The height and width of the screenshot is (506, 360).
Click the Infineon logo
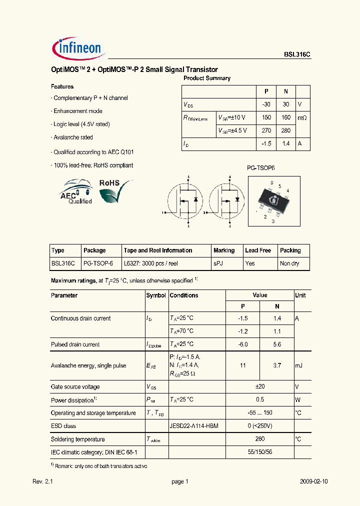77,48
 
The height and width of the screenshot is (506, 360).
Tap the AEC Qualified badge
75,192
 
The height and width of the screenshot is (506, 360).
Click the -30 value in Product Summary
266,104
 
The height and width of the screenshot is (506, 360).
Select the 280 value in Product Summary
286,130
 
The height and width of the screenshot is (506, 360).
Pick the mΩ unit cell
302,117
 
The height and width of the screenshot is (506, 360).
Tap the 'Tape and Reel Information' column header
157,250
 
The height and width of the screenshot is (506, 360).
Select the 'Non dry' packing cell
289,263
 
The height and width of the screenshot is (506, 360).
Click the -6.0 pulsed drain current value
243,344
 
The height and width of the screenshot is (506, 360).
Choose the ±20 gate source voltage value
259,387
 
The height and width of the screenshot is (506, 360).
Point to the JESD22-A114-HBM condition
194,426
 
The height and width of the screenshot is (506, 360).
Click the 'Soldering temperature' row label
78,439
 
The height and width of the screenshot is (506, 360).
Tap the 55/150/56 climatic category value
259,452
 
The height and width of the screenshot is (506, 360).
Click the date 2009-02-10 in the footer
314,481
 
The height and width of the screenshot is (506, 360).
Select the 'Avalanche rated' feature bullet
73,137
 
